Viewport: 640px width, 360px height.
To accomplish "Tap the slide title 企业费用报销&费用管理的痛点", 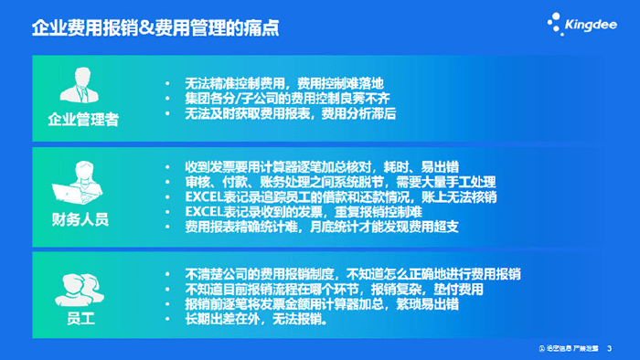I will coord(155,28).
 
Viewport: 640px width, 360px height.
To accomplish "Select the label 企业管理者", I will coord(83,120).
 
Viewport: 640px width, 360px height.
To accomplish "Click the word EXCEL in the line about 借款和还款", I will coord(204,196).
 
